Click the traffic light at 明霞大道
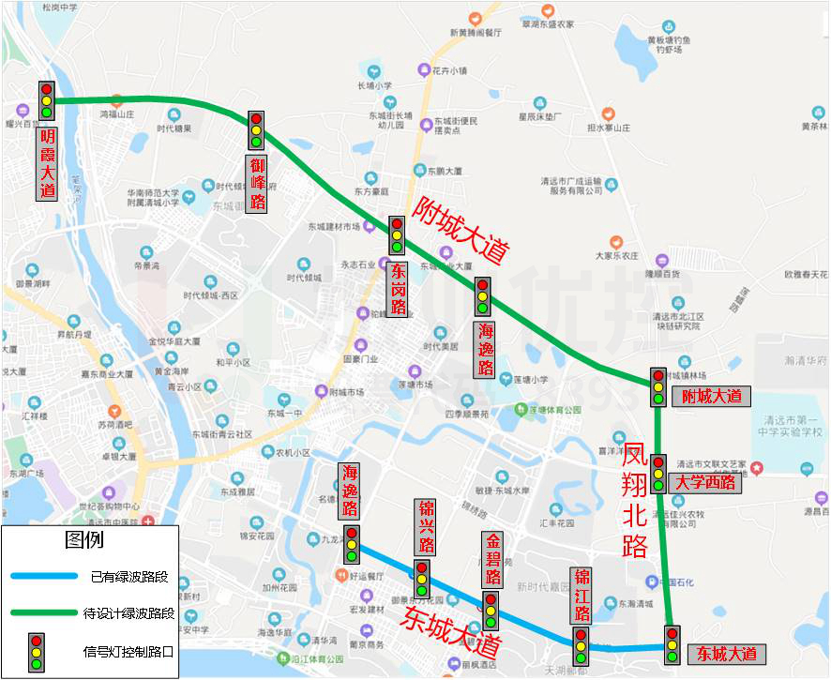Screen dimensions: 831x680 tap(46, 101)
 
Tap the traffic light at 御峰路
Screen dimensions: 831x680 tap(256, 131)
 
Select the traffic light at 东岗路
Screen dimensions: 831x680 tap(397, 235)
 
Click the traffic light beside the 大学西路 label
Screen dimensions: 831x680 tap(658, 474)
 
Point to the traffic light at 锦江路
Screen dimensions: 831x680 tap(581, 646)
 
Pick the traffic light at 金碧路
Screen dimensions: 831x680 tap(490, 611)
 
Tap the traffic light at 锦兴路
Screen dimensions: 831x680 tap(422, 579)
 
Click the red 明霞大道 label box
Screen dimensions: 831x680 tap(47, 163)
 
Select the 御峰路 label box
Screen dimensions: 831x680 tap(257, 183)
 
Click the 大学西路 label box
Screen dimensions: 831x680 tap(705, 483)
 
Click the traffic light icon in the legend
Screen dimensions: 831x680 tap(36, 646)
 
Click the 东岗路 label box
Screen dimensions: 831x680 tap(398, 288)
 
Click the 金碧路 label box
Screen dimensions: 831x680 tap(492, 560)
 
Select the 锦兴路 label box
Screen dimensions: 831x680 tap(426, 528)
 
